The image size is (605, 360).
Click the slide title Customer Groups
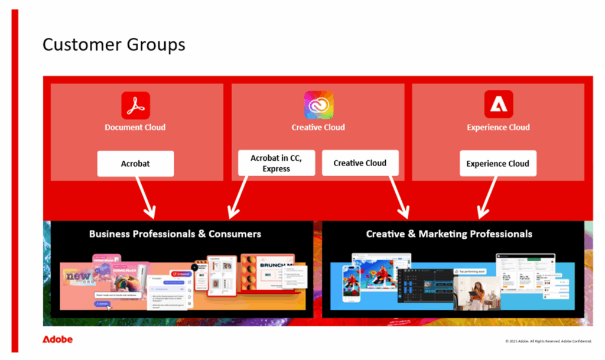click(113, 45)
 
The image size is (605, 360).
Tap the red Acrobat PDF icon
click(135, 105)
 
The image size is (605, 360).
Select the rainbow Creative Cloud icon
click(318, 105)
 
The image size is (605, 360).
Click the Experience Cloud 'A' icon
click(498, 105)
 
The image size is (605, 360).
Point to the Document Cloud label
click(135, 127)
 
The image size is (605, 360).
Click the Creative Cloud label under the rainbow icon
click(318, 127)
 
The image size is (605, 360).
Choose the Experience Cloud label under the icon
click(498, 127)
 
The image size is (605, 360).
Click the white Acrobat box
click(135, 164)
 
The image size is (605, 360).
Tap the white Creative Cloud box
click(360, 163)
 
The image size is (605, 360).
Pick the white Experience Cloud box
click(497, 164)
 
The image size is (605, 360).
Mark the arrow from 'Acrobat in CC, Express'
click(239, 195)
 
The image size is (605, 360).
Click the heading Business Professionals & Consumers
click(175, 234)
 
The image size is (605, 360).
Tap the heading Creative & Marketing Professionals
click(449, 234)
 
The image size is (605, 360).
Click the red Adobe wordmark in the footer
click(57, 340)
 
